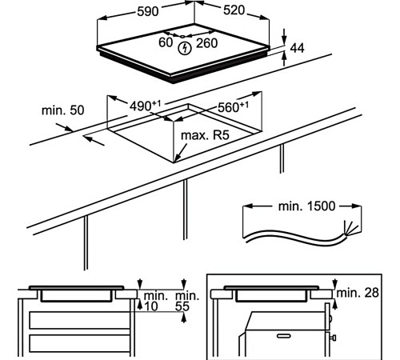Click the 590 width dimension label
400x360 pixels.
[148, 11]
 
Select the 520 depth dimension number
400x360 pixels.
[234, 10]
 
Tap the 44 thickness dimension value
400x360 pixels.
[297, 48]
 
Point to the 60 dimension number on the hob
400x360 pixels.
[166, 42]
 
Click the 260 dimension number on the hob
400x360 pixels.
[207, 43]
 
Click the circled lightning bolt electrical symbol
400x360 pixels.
[185, 49]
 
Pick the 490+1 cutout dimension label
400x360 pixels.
[146, 106]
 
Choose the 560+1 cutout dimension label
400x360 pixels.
[233, 107]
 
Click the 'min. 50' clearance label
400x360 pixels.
[63, 110]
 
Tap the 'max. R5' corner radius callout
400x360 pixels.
[205, 135]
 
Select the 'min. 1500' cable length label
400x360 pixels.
[306, 206]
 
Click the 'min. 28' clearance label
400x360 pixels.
[358, 293]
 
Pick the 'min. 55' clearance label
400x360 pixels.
[187, 301]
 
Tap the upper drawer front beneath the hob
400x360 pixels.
[79, 320]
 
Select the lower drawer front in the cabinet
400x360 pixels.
[79, 343]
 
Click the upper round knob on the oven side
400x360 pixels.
[331, 318]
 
